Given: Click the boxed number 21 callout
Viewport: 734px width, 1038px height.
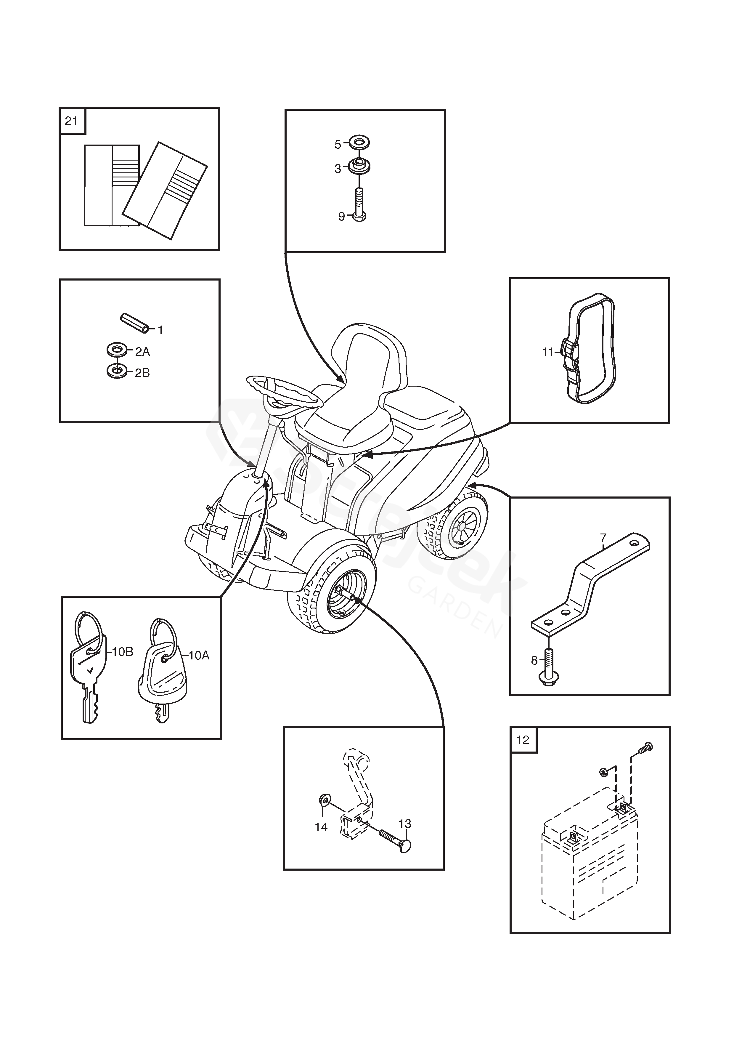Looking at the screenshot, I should pos(71,121).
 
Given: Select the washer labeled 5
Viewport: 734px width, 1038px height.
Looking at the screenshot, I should pos(360,143).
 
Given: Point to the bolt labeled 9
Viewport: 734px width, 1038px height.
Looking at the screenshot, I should pos(358,206).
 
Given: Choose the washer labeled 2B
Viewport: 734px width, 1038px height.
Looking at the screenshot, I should pos(117,371).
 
